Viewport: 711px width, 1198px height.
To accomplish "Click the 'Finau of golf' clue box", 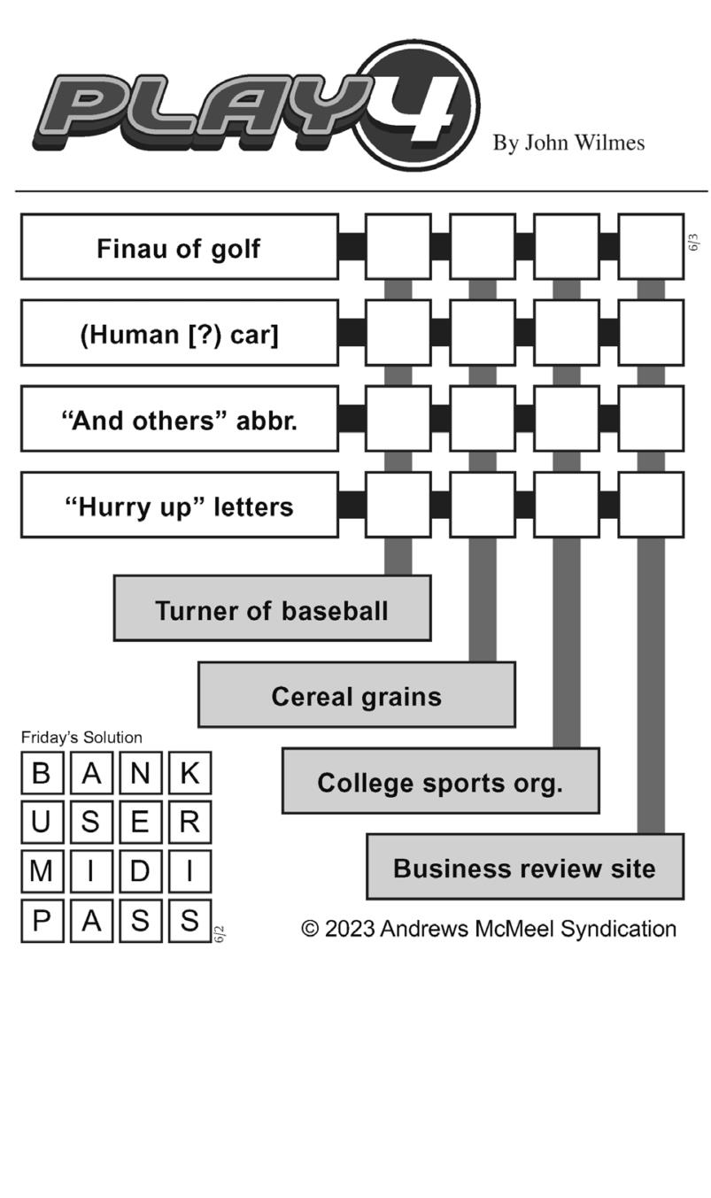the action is (x=179, y=246).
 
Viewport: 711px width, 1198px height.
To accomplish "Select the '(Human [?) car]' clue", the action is (x=179, y=333).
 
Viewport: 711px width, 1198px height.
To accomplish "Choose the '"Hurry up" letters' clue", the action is (x=179, y=505).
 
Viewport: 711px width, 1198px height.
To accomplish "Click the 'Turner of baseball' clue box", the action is (x=272, y=607).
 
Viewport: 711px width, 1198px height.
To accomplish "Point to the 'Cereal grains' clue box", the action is (x=356, y=694).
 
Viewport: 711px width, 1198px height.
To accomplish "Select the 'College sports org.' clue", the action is (x=440, y=780).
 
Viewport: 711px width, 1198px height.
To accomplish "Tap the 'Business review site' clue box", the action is (x=525, y=867).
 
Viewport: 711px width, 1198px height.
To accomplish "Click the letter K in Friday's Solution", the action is (x=189, y=773).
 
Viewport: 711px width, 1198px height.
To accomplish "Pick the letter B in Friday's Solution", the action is (x=42, y=773).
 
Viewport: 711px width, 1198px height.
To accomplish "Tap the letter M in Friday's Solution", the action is (x=42, y=870).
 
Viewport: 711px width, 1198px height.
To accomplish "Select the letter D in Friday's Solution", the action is (x=140, y=870).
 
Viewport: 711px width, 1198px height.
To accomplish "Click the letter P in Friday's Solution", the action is (x=42, y=920).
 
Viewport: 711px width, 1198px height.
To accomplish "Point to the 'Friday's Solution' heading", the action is (x=81, y=738).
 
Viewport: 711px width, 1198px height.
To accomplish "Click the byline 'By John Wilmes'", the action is (x=568, y=143).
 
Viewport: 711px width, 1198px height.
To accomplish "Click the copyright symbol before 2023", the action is (x=310, y=929).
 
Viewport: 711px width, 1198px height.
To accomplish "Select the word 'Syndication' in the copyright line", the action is (x=618, y=930).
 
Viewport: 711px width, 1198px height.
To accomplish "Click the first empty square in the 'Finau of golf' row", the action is (x=398, y=246).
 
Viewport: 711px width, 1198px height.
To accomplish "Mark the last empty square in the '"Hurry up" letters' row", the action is (x=651, y=505).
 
